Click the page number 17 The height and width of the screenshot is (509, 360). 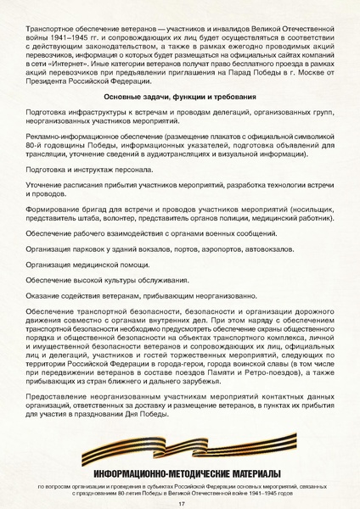[x=181, y=504]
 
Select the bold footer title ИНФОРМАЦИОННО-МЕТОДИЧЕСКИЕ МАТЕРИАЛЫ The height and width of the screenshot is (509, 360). [x=181, y=473]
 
